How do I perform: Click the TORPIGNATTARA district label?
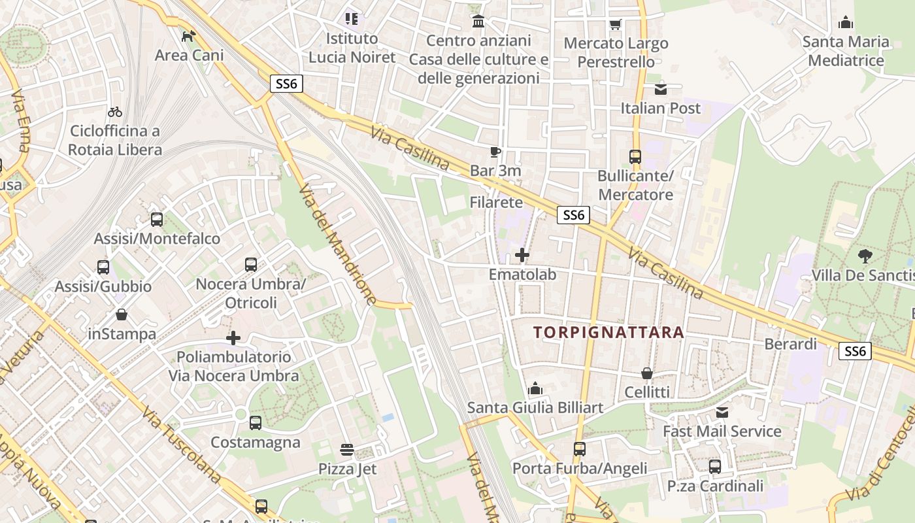click(x=608, y=332)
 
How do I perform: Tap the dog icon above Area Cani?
click(x=189, y=36)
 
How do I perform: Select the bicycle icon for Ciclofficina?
click(x=115, y=112)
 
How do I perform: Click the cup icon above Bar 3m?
click(x=495, y=152)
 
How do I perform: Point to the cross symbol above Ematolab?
click(x=522, y=255)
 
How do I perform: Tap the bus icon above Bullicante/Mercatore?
click(x=635, y=157)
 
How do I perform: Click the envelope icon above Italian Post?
click(x=661, y=89)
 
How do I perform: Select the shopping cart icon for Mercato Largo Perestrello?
click(x=615, y=25)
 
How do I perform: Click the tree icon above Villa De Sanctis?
click(x=865, y=256)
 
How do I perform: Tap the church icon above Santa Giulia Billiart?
click(x=535, y=389)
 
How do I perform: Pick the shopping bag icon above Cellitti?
click(x=647, y=373)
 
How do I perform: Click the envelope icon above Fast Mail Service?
click(x=722, y=413)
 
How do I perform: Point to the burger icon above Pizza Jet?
click(x=347, y=450)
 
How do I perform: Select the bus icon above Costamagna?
click(x=256, y=423)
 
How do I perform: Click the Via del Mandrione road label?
click(x=337, y=243)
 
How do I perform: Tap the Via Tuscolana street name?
click(x=182, y=446)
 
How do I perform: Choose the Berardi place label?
click(x=791, y=344)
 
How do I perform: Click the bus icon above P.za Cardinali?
click(x=715, y=467)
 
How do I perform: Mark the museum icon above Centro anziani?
click(x=478, y=22)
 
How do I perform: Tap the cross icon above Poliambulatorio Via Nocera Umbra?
click(x=233, y=338)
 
